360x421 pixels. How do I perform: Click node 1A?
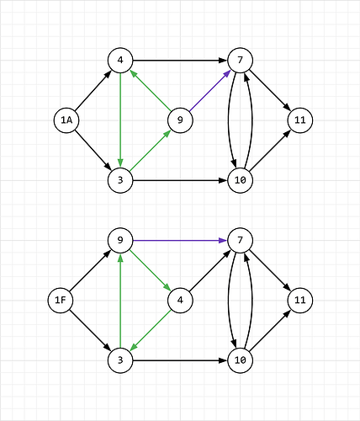tap(66, 120)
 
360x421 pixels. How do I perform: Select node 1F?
tap(61, 301)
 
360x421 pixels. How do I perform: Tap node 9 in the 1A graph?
tap(180, 120)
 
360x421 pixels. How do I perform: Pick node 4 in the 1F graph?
tap(180, 301)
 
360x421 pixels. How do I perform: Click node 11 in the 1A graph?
tap(300, 120)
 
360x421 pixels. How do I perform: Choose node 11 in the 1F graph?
tap(300, 301)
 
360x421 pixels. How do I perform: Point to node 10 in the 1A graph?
tap(241, 180)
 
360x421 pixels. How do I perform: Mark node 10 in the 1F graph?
tap(241, 360)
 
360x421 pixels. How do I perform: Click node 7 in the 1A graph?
tap(241, 61)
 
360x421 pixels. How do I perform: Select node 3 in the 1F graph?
tap(120, 360)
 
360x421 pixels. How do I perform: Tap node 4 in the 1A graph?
tap(120, 61)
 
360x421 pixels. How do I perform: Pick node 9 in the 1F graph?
tap(120, 241)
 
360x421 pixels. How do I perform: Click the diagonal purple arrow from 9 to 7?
tap(210, 90)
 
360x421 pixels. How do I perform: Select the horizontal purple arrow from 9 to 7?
tap(180, 241)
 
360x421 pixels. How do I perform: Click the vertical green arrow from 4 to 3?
tap(120, 120)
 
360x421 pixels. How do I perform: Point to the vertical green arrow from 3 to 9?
tap(120, 301)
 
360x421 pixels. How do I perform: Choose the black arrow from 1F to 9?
tap(90, 270)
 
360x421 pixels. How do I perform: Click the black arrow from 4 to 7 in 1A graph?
tap(180, 61)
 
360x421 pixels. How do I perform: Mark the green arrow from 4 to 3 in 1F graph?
tap(151, 330)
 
